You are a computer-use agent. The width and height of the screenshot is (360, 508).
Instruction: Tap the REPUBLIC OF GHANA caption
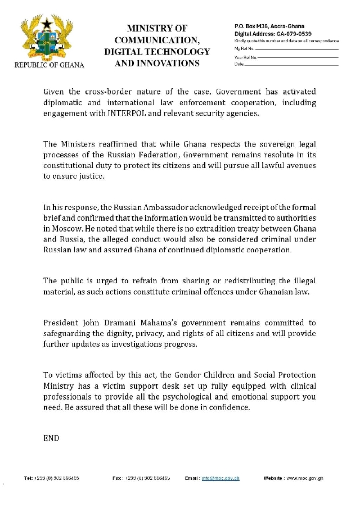coord(49,65)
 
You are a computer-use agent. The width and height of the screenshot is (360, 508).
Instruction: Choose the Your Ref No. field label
coord(245,57)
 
